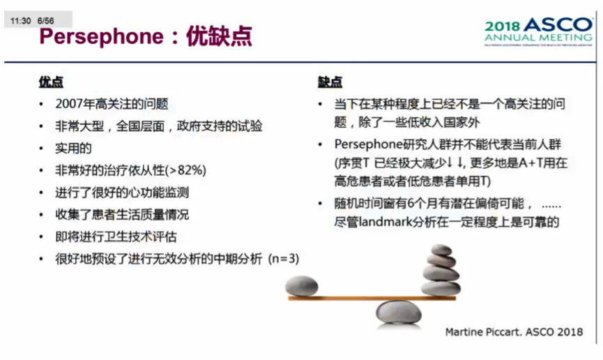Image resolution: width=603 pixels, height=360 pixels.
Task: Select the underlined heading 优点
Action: [50, 82]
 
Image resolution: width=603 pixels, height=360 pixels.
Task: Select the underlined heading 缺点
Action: [330, 82]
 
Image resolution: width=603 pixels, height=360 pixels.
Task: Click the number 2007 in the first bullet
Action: [68, 105]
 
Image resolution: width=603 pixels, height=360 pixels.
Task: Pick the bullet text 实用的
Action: [73, 149]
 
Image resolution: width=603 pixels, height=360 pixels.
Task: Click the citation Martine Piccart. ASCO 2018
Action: [514, 332]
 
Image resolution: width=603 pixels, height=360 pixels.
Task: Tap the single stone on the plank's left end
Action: [302, 285]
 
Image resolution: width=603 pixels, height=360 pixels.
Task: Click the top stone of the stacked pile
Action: [441, 250]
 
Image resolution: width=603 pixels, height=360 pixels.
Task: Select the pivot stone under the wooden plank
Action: [397, 311]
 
